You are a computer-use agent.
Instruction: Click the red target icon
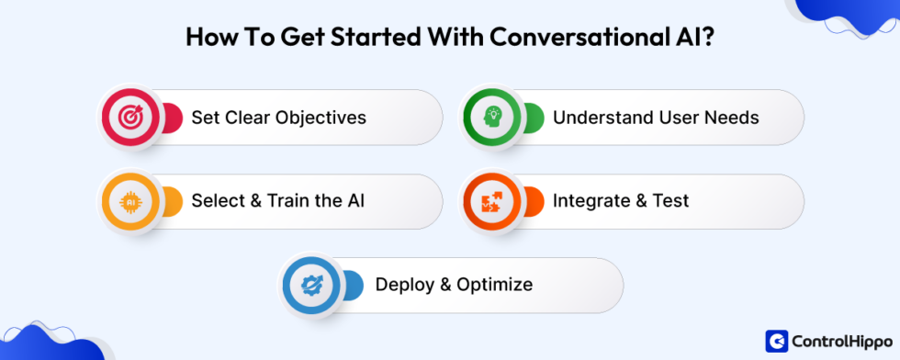coord(127,117)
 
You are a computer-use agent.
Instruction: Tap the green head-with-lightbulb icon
coord(488,117)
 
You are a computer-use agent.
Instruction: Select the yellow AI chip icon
coord(127,201)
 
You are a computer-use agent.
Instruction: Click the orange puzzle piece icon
coord(488,201)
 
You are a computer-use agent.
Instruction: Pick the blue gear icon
coord(307,285)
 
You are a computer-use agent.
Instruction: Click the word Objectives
coord(320,118)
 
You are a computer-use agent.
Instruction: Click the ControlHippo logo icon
coord(777,341)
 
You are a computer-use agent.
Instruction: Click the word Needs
coord(733,118)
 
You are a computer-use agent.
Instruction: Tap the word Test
coord(669,201)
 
